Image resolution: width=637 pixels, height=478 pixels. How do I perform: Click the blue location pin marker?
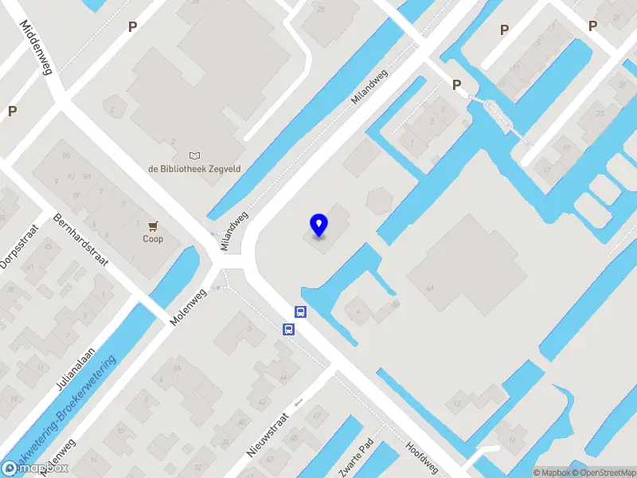[x=318, y=225]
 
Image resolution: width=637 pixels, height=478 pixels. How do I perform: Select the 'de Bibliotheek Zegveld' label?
[x=195, y=168]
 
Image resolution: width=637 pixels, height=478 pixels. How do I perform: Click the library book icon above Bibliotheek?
[x=195, y=155]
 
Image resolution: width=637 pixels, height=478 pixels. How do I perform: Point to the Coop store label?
[x=153, y=239]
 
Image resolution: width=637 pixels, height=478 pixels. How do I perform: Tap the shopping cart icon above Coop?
[x=153, y=226]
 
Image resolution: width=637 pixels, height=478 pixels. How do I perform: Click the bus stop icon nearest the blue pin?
[x=302, y=312]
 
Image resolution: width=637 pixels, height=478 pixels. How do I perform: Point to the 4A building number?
[x=430, y=288]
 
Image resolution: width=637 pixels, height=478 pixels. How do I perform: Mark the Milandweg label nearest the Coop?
[x=236, y=232]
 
